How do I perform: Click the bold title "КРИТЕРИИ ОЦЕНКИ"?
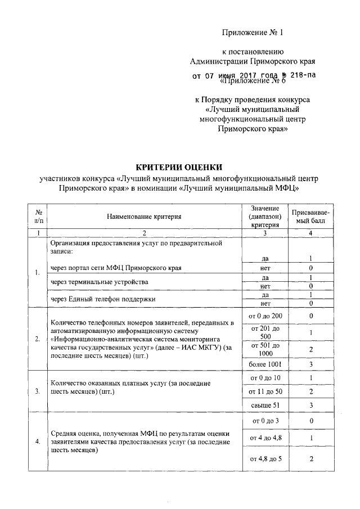click(x=179, y=166)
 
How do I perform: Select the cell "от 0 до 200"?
click(x=264, y=316)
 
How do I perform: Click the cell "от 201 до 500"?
click(x=264, y=332)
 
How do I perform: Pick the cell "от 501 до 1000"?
click(x=264, y=349)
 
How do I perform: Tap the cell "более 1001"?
click(x=264, y=364)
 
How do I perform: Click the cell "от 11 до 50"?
click(x=264, y=391)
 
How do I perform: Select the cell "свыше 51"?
click(x=264, y=405)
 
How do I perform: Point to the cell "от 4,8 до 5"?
click(x=264, y=459)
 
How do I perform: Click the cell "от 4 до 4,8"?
click(x=264, y=438)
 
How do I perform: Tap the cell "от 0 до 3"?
click(x=264, y=420)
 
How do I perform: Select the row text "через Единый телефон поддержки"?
click(x=102, y=299)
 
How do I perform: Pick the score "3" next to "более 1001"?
click(x=310, y=364)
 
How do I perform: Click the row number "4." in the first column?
click(x=37, y=441)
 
